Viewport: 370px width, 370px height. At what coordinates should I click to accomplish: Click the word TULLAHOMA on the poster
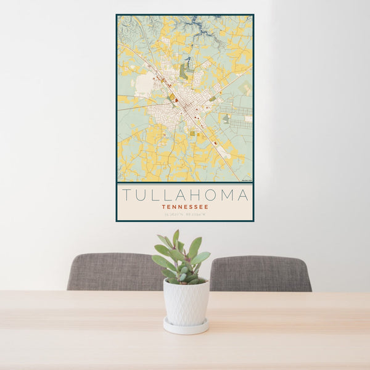(185, 195)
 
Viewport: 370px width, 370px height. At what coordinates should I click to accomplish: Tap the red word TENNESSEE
(185, 207)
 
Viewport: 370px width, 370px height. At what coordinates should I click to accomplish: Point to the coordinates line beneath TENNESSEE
(185, 215)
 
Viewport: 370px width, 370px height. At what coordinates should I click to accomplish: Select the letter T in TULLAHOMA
(126, 195)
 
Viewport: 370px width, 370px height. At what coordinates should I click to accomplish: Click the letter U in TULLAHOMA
(141, 195)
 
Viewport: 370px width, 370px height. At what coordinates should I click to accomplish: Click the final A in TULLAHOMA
(243, 195)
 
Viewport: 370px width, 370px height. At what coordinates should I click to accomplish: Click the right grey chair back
(260, 273)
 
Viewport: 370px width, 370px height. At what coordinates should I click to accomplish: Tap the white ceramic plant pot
(186, 302)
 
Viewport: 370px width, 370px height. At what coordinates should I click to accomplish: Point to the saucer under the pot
(186, 326)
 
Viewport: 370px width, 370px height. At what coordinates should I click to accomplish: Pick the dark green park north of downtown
(184, 72)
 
